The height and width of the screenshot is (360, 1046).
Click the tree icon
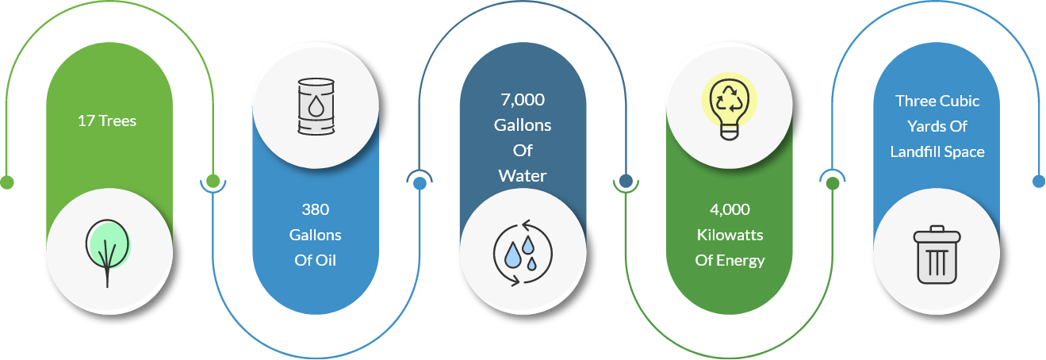(x=107, y=253)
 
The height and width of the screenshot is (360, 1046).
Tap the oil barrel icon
(x=316, y=106)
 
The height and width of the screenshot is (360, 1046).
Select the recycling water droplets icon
(x=523, y=253)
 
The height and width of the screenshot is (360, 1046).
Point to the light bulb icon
(x=730, y=107)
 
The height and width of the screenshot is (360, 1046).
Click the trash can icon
(x=937, y=255)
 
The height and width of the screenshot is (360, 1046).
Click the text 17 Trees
(x=107, y=121)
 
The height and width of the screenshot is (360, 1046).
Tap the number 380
(x=315, y=209)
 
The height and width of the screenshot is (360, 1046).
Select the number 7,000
(x=523, y=99)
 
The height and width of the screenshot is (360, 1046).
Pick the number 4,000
(x=730, y=209)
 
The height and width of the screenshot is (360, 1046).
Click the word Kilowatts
(x=730, y=235)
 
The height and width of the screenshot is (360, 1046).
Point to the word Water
(x=523, y=176)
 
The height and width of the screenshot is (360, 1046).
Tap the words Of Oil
(x=315, y=260)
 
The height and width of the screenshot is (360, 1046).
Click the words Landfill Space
(x=937, y=151)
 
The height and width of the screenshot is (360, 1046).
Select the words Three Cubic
(x=937, y=101)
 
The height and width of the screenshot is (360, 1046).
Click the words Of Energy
(x=730, y=261)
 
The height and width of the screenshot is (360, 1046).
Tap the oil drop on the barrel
(x=316, y=106)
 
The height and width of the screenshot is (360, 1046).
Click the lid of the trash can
(x=937, y=234)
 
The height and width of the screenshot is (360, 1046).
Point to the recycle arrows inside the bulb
(x=730, y=98)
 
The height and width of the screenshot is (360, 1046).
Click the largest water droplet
(x=513, y=255)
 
